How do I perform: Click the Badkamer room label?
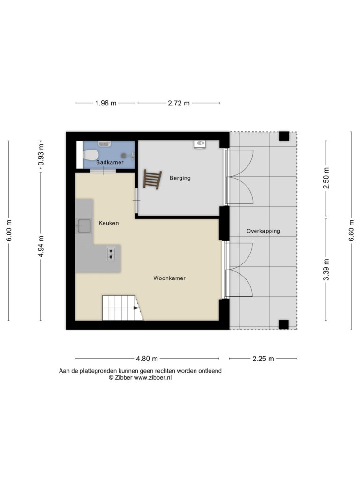[110, 162]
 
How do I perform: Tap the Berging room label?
[180, 178]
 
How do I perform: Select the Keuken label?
[108, 223]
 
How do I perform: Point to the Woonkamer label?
[169, 278]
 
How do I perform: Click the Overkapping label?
[263, 231]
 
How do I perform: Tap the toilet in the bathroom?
[90, 155]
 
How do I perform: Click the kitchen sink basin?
[84, 226]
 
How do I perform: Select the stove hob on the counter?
[111, 254]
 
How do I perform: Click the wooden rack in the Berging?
[152, 180]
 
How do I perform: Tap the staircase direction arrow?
[135, 308]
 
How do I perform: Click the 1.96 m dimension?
[105, 103]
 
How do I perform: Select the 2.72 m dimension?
[179, 103]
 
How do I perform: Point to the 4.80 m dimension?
[147, 359]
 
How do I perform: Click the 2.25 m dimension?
[263, 359]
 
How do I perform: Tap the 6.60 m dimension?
[351, 231]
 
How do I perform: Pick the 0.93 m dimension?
[41, 155]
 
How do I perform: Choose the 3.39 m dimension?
[326, 270]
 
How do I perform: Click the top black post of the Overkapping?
[284, 136]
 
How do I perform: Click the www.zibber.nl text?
[153, 378]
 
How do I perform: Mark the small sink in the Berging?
[200, 144]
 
